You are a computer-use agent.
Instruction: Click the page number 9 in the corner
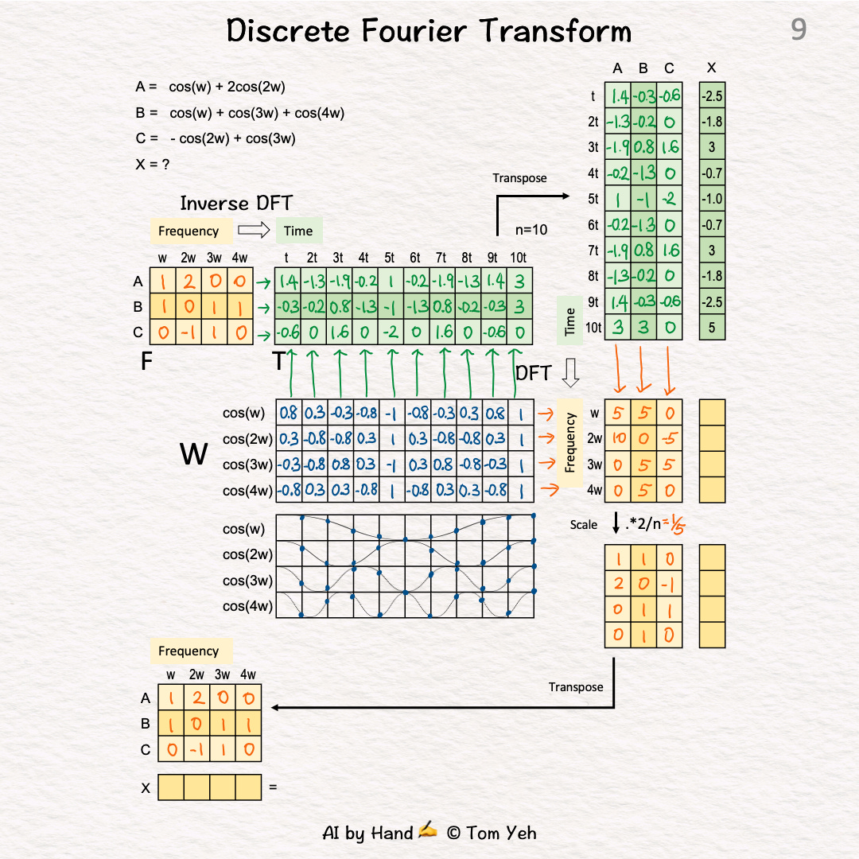799,30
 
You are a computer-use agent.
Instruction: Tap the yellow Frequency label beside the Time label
189,231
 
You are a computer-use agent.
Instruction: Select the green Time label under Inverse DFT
298,231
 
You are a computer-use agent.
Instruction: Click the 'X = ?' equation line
153,165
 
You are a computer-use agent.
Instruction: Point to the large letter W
194,455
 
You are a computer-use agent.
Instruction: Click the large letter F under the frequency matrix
146,362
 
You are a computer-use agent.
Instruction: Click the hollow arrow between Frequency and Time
255,231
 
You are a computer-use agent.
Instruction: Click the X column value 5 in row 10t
712,327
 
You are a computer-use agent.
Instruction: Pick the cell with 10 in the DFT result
617,438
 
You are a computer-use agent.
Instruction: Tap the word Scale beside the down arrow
584,525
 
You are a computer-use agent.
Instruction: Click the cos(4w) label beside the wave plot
247,607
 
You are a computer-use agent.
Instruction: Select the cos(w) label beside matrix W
244,413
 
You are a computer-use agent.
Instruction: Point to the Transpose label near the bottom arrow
576,687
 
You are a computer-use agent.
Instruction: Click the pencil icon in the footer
428,832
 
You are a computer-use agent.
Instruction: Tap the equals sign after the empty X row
273,787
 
